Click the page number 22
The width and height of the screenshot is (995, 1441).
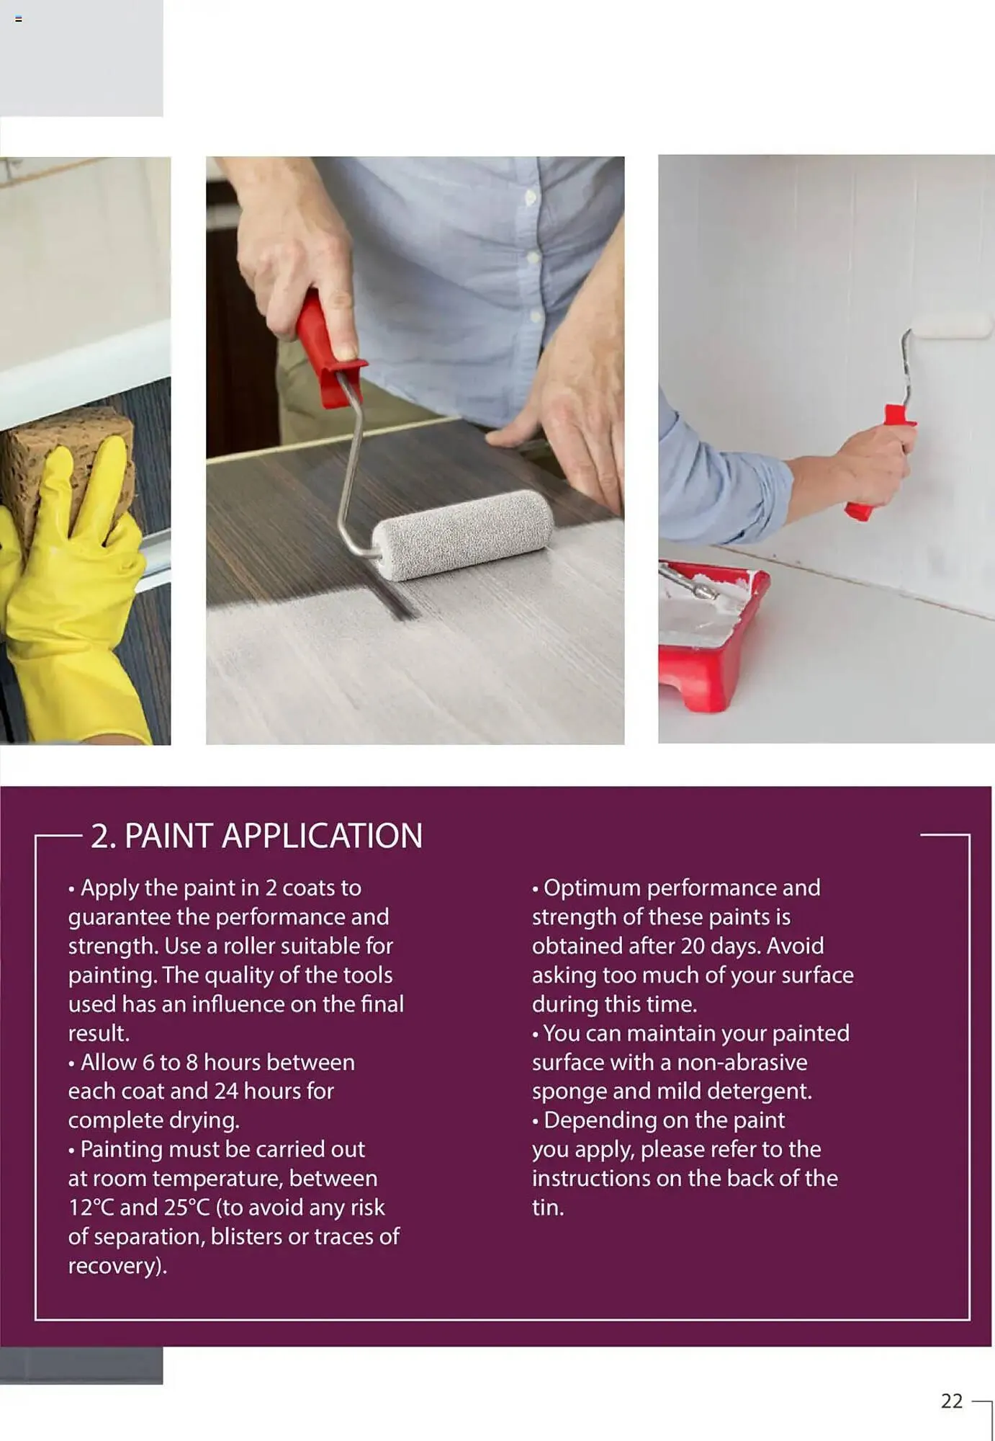click(x=951, y=1401)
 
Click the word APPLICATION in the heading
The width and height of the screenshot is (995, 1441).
click(x=322, y=837)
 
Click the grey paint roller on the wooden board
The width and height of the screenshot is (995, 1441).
click(x=461, y=534)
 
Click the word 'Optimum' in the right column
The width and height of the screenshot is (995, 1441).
click(x=591, y=888)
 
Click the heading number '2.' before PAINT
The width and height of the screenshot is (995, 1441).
click(x=103, y=837)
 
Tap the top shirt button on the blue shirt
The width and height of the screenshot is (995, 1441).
click(x=531, y=197)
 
